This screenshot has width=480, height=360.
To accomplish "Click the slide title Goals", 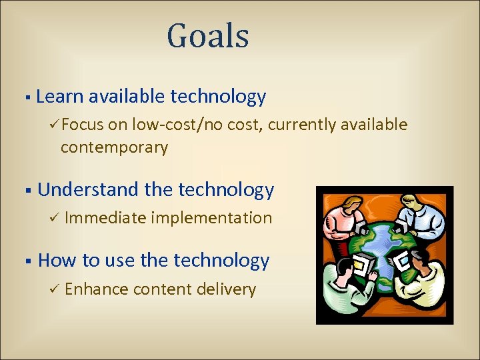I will tap(208, 37).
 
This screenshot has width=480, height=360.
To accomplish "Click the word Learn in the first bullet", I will tap(60, 97).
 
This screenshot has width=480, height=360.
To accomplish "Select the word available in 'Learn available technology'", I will tap(127, 97).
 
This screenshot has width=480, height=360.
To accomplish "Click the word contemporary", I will tap(114, 147).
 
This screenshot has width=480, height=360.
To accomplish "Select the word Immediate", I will tap(106, 218).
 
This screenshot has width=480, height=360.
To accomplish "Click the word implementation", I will tap(211, 218).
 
